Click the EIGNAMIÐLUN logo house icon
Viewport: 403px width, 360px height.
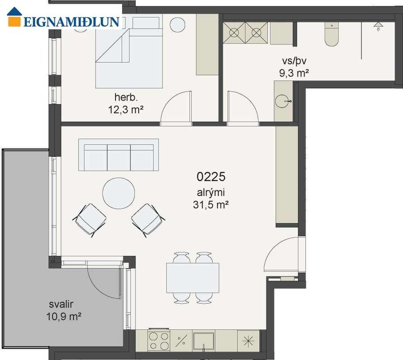pyautogui.click(x=14, y=17)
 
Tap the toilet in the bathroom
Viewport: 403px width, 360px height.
pyautogui.click(x=332, y=34)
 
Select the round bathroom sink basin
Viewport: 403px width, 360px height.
pyautogui.click(x=282, y=101)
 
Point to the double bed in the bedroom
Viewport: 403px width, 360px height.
pyautogui.click(x=129, y=52)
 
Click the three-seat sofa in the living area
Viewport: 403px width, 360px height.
pyautogui.click(x=118, y=155)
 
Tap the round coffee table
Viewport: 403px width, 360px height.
pyautogui.click(x=118, y=193)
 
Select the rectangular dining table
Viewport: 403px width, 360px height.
pyautogui.click(x=193, y=278)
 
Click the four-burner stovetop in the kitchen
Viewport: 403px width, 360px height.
pyautogui.click(x=159, y=340)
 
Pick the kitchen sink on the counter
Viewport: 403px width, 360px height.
pyautogui.click(x=204, y=341)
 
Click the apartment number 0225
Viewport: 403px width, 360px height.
pyautogui.click(x=211, y=176)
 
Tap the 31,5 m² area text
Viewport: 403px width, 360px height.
pyautogui.click(x=211, y=205)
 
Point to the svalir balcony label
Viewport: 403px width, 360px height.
pyautogui.click(x=61, y=304)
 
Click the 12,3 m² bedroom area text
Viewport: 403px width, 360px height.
pyautogui.click(x=125, y=110)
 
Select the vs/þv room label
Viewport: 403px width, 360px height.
pyautogui.click(x=294, y=61)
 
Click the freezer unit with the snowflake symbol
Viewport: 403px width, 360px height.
pyautogui.click(x=248, y=341)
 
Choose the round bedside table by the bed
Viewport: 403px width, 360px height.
pyautogui.click(x=177, y=24)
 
